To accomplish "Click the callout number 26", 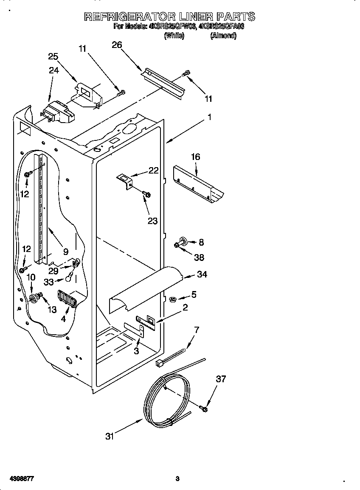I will [x=117, y=45].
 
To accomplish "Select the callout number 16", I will [x=195, y=157].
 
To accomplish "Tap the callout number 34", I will [x=202, y=274].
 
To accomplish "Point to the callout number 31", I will [x=110, y=436].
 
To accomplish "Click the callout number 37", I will [x=221, y=379].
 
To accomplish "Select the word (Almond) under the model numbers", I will [x=223, y=36].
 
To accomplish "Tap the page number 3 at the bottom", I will [x=177, y=479].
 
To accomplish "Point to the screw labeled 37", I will [x=203, y=409].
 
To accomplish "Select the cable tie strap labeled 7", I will [x=172, y=357].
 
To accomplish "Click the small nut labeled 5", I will [x=173, y=300].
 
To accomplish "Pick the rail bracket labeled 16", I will [x=197, y=182].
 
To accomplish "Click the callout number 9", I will [x=66, y=251].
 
